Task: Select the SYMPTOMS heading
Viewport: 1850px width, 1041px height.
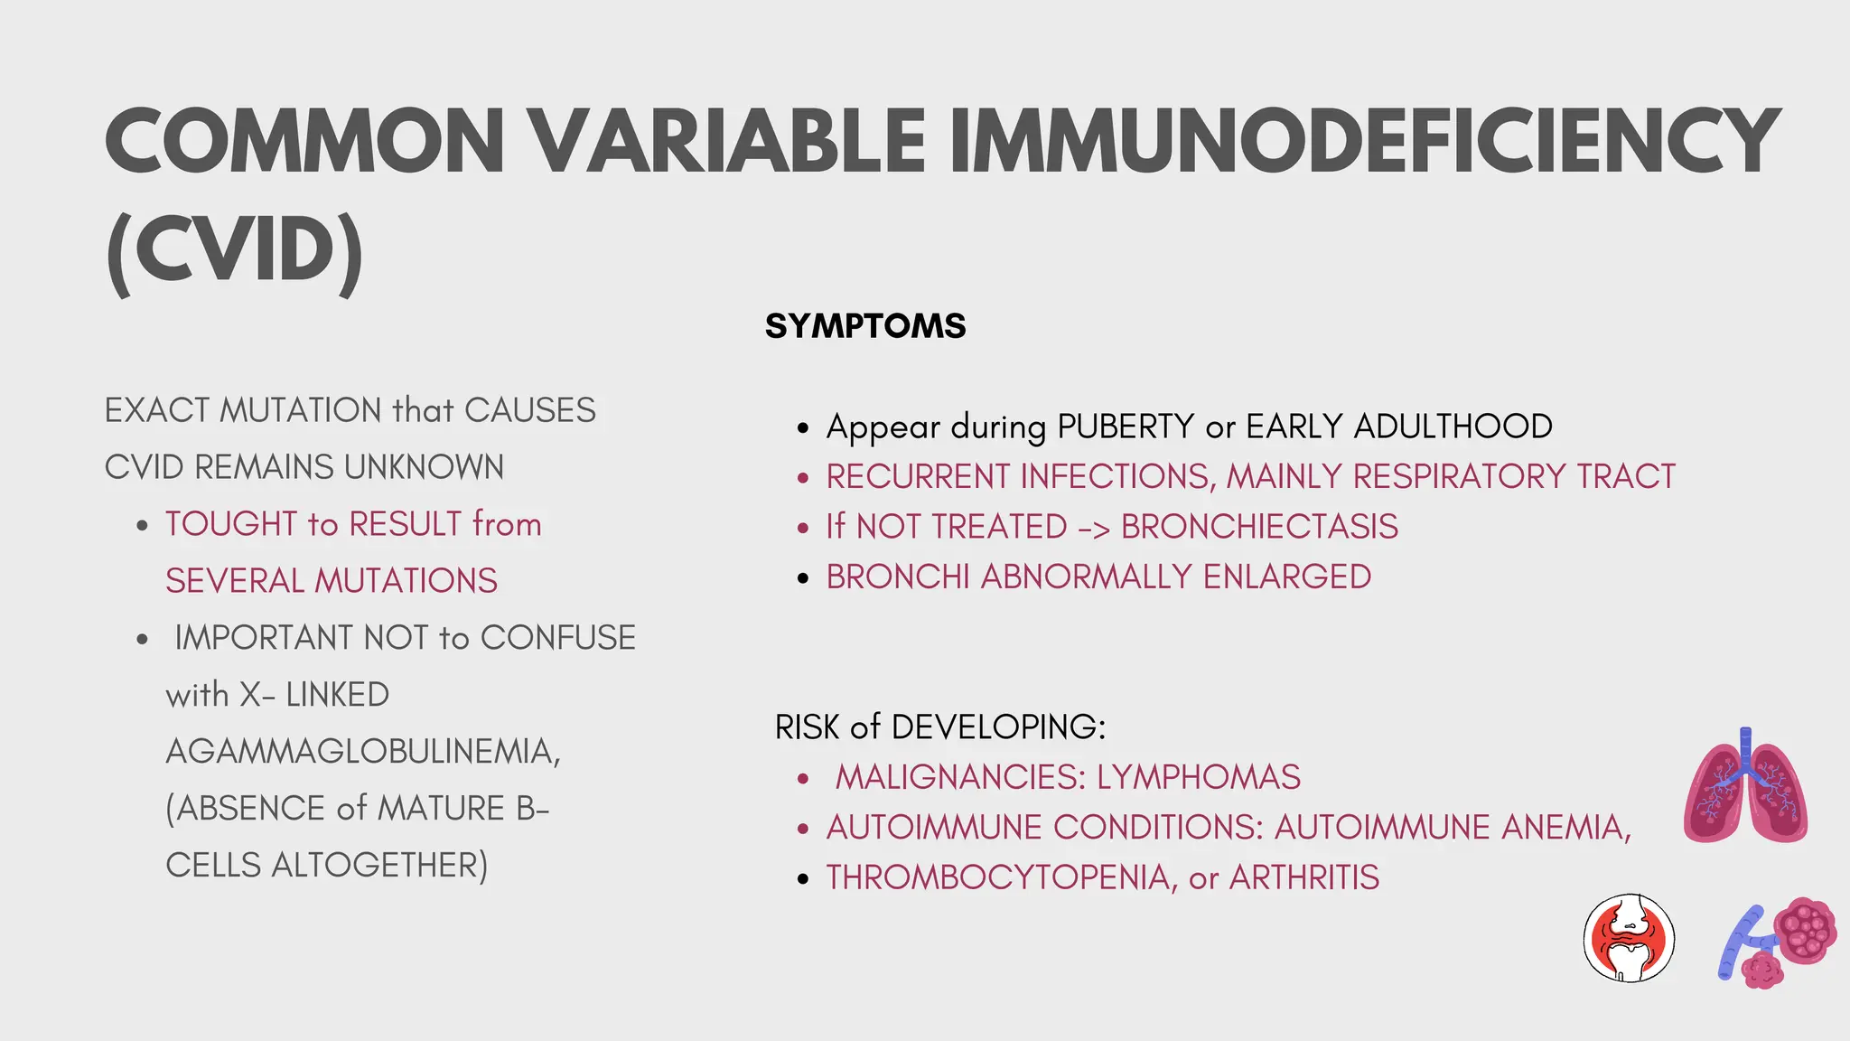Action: pos(865,326)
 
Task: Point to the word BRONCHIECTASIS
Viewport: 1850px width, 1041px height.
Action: pos(1259,527)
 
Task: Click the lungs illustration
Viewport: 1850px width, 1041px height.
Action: pos(1745,786)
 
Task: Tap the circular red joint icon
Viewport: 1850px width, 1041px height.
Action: pos(1629,938)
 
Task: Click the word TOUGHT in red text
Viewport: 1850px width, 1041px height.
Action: pos(231,524)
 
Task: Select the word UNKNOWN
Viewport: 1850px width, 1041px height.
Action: pos(424,467)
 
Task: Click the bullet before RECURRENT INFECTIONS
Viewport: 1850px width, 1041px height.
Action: pos(803,478)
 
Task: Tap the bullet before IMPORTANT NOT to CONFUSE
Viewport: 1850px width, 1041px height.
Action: pos(142,640)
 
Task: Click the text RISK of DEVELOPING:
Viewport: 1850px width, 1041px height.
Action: pos(939,727)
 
